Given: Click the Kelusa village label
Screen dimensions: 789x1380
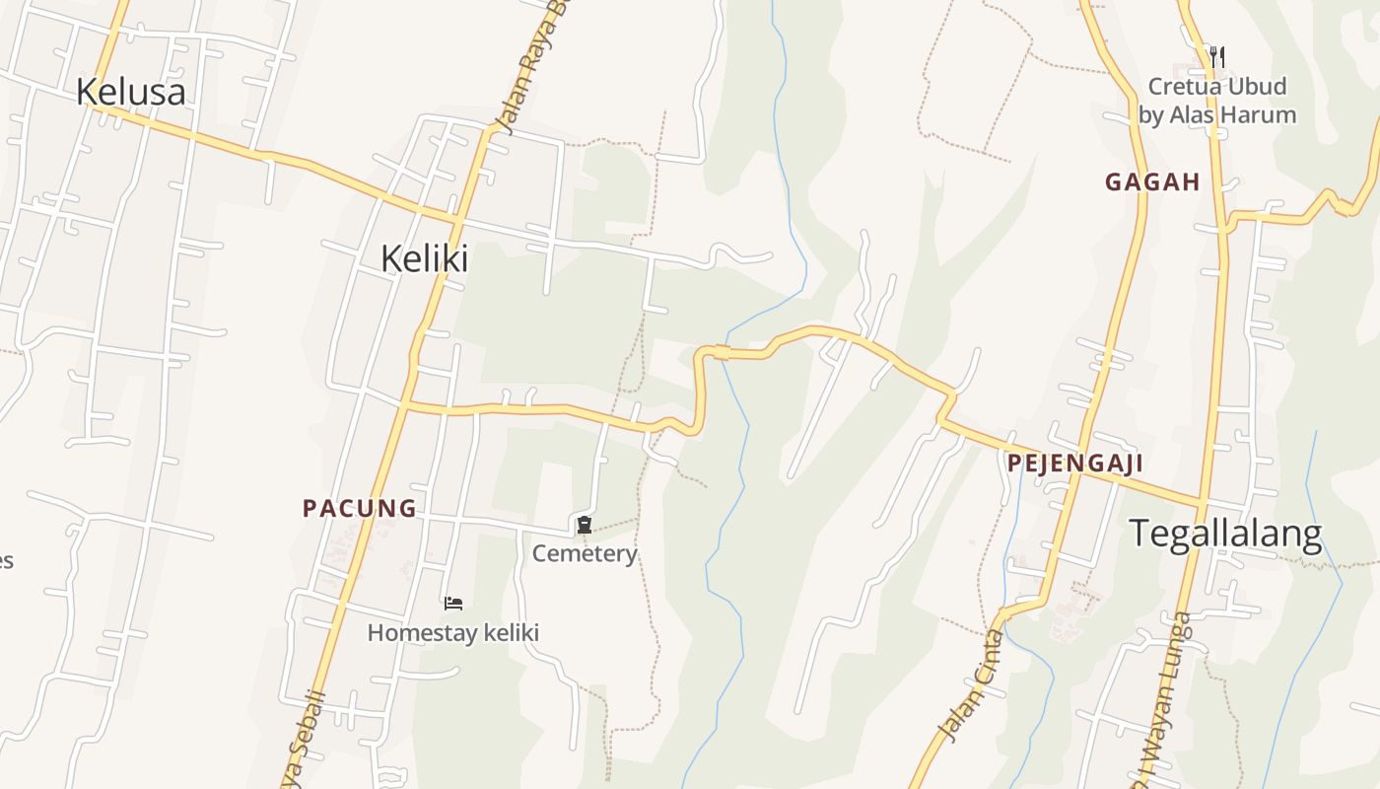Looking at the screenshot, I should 130,92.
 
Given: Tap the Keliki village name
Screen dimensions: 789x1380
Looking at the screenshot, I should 424,258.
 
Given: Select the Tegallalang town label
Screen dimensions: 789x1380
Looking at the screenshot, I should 1224,534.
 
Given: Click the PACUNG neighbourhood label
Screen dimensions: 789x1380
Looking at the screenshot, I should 359,509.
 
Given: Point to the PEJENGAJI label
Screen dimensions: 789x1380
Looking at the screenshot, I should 1074,464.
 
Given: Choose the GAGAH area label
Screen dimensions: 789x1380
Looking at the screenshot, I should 1151,181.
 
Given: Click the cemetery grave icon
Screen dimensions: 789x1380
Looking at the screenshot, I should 585,525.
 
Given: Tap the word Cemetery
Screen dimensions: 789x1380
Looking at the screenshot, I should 585,553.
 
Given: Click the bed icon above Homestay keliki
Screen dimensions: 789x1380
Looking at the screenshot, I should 453,603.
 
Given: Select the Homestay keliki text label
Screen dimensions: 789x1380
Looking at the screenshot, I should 453,632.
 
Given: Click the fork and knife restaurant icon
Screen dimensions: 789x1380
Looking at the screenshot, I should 1217,56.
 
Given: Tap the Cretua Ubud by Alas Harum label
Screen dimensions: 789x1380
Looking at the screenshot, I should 1217,101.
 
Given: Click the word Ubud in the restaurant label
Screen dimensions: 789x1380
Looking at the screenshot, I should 1255,87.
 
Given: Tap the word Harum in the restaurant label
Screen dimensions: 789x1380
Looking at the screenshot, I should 1259,114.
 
